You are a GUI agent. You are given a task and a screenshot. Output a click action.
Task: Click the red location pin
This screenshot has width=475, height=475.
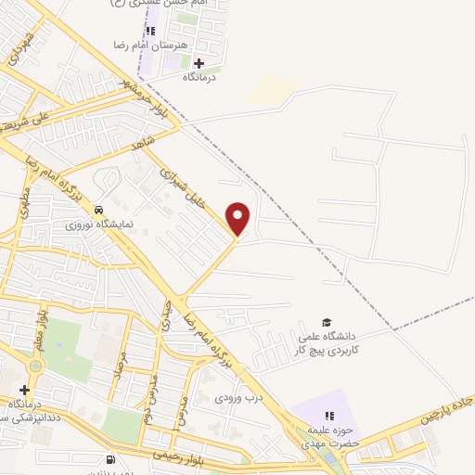[238, 218]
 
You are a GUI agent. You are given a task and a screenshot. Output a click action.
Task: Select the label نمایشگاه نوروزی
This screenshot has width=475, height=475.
[100, 225]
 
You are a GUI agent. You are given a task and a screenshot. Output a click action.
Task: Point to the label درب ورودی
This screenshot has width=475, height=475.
[233, 397]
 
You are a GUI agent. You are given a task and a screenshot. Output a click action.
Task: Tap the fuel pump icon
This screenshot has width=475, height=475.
[112, 458]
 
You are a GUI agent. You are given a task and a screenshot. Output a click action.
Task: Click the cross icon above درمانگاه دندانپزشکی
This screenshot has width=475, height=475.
[24, 391]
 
